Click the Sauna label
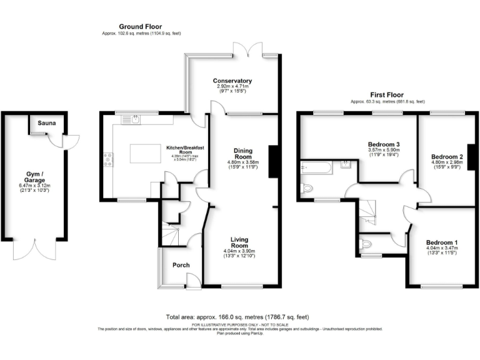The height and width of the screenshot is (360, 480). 47,123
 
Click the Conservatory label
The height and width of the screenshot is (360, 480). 232,81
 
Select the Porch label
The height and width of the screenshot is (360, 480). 181,265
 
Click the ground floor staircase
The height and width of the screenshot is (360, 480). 169,234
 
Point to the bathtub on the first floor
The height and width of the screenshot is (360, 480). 317,166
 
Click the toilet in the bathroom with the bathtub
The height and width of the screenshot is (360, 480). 307,187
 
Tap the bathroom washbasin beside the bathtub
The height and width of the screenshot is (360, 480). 346,166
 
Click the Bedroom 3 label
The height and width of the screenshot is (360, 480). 384,144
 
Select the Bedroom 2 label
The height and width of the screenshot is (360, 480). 447,156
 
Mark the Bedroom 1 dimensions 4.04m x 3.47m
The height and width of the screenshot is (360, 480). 442,248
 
